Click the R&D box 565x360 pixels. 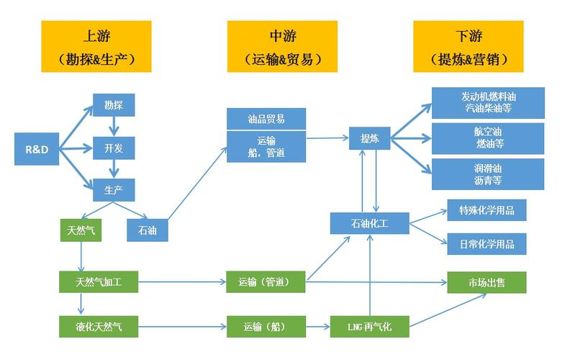coord(37,150)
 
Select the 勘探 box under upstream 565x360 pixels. coord(114,106)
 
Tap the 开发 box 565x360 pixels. coord(114,148)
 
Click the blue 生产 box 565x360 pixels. coord(114,189)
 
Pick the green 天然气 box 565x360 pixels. coord(81,230)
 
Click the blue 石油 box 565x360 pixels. coord(147,230)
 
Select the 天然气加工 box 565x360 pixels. coord(99,282)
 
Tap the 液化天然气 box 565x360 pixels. coord(99,326)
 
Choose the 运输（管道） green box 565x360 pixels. coord(266,282)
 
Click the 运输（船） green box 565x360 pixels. coord(266,326)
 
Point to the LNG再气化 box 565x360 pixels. coord(370,326)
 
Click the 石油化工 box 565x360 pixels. coord(370,223)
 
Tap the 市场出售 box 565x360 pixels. coord(487,282)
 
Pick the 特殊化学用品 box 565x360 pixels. coord(487,210)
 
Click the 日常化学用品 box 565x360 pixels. coord(487,243)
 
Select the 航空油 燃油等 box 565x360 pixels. coord(488,138)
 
